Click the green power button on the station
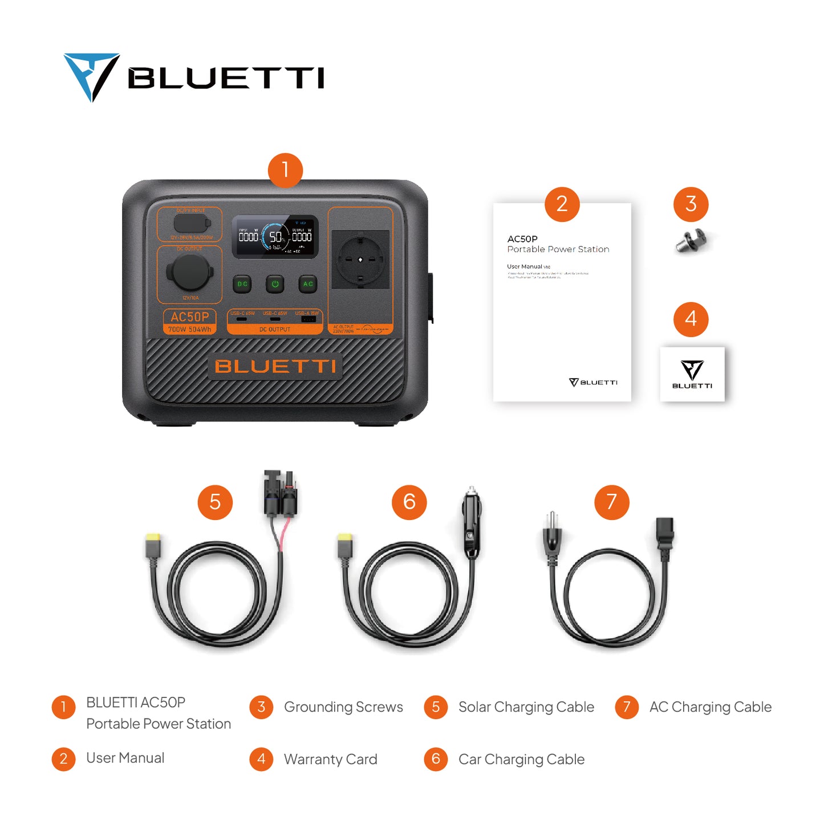(275, 284)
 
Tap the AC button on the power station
(308, 284)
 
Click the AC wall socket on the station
(360, 259)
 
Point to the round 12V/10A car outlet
(190, 273)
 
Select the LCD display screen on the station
(275, 237)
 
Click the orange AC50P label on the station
(190, 317)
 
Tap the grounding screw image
(691, 241)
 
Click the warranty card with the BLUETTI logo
(692, 374)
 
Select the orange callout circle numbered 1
(285, 170)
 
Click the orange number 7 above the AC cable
(611, 502)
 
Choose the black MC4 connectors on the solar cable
(281, 493)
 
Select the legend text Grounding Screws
(343, 707)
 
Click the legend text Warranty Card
(331, 760)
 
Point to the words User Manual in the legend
(125, 758)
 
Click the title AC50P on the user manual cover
(522, 239)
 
